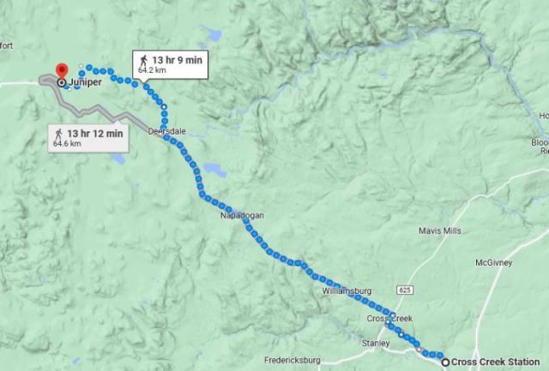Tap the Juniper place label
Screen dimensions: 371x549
86,83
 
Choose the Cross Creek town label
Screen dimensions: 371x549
390,319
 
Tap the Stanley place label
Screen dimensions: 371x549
375,343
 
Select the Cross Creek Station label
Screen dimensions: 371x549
497,362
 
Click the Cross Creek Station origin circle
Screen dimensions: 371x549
445,362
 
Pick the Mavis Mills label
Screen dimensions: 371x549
439,231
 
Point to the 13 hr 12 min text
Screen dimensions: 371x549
95,133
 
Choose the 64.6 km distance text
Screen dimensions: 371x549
65,144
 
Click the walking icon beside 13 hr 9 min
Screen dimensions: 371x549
143,60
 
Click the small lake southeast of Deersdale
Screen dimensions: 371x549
215,171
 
